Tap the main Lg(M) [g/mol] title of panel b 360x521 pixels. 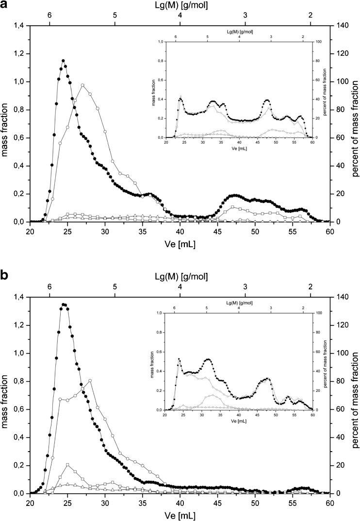click(x=180, y=277)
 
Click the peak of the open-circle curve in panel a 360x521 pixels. click(x=83, y=85)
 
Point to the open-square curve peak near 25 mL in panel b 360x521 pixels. click(x=67, y=451)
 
